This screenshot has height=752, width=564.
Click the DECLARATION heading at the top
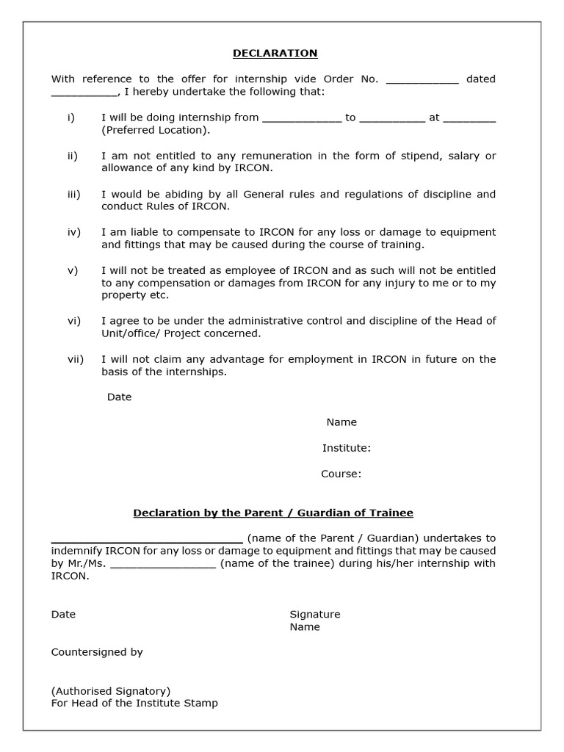(x=275, y=53)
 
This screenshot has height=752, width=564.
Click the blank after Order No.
(x=422, y=80)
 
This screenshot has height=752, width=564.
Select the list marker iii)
(x=73, y=194)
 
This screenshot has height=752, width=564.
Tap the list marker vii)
(x=75, y=359)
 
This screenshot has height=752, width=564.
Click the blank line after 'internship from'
(x=302, y=118)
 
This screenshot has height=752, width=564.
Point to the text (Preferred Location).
(x=156, y=130)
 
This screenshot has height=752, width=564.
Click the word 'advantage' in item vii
(x=224, y=359)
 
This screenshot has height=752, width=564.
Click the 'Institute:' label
(x=346, y=448)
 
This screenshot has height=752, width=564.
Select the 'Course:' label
(x=341, y=474)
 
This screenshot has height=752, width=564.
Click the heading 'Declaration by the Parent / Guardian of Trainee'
(x=273, y=513)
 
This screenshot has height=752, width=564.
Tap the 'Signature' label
(x=314, y=614)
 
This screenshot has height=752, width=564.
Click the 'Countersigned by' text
(x=97, y=651)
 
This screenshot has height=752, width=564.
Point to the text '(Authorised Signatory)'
(x=110, y=690)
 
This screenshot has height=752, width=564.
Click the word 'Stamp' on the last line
(x=202, y=703)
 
